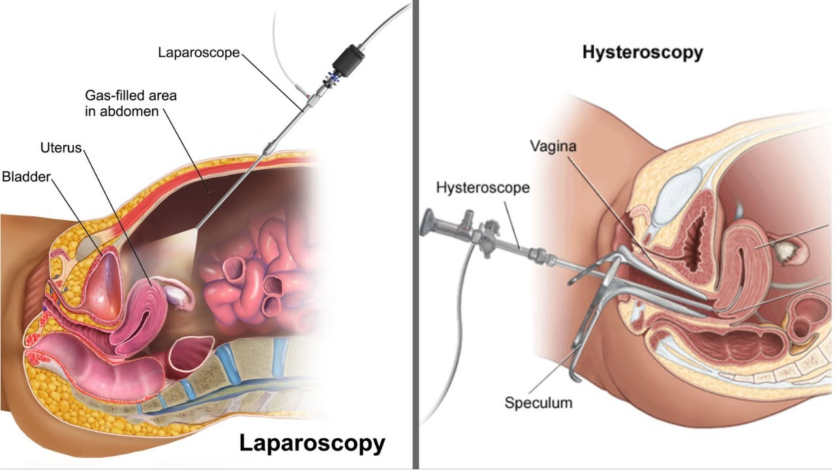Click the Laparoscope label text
(199, 53)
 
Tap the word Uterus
(61, 148)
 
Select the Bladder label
(26, 177)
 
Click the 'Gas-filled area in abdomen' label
(130, 103)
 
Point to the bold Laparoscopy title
(312, 444)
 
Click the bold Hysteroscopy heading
(643, 53)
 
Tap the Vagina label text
(553, 146)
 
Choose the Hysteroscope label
(483, 187)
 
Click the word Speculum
(538, 403)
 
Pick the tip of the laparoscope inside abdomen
(196, 228)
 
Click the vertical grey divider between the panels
(416, 235)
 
